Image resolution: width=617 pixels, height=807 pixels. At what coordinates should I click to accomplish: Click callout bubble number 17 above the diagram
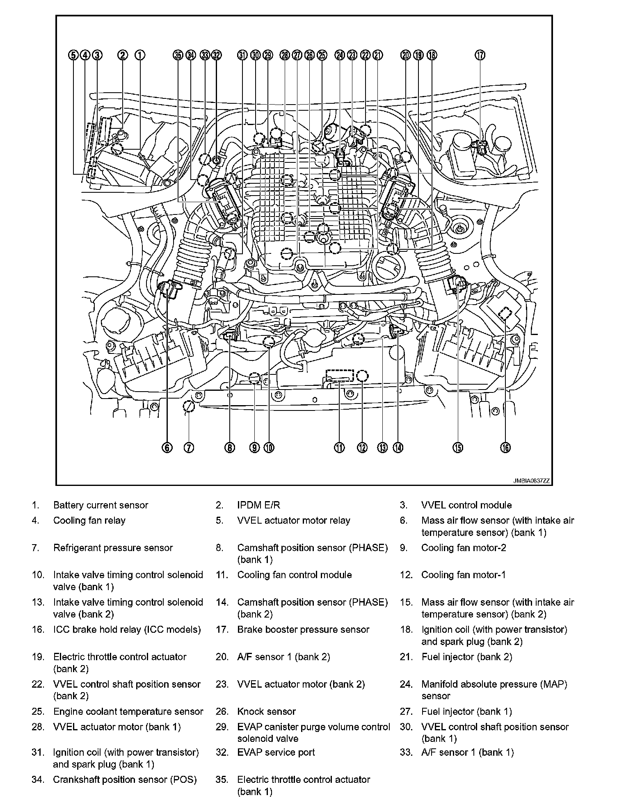(x=480, y=55)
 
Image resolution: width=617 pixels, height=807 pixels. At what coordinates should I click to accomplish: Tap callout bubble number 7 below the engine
(x=189, y=448)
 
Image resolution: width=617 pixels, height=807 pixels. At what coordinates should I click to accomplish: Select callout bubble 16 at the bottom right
(x=505, y=448)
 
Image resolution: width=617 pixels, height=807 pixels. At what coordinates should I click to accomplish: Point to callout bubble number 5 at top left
(x=73, y=55)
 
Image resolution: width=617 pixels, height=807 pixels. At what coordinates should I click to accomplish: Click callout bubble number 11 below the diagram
(x=339, y=448)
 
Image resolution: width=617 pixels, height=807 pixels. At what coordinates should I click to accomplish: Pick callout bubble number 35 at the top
(x=178, y=55)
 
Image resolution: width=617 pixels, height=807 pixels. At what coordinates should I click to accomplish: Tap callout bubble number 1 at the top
(x=139, y=55)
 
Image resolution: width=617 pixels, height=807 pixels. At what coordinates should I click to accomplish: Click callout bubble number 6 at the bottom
(x=167, y=448)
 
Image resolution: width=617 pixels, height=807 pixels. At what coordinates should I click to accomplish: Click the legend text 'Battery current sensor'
(x=101, y=505)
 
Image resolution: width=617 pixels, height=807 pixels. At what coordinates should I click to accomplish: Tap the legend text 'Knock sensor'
(x=266, y=711)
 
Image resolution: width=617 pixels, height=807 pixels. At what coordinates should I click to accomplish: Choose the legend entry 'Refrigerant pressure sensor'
(x=113, y=548)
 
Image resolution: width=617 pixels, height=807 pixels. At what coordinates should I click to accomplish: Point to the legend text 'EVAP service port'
(x=276, y=752)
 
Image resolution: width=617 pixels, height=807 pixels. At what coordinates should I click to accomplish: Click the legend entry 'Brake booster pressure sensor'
(x=303, y=629)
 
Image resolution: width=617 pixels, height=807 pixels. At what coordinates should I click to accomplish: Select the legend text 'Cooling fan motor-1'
(x=463, y=575)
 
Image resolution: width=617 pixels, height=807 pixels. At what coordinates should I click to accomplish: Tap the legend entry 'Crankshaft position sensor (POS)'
(x=125, y=780)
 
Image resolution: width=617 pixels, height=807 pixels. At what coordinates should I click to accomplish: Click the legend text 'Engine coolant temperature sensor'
(x=128, y=711)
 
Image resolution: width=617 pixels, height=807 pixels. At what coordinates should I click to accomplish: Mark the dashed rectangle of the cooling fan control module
(x=339, y=375)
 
